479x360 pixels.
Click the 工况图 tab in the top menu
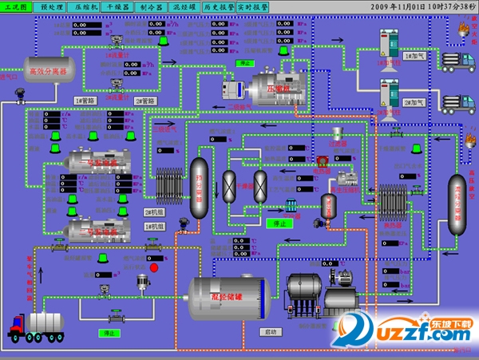tap(16, 6)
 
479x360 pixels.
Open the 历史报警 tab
tap(218, 6)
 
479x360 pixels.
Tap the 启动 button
tap(270, 330)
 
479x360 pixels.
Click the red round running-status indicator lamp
tap(154, 267)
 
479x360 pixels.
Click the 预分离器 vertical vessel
tap(199, 187)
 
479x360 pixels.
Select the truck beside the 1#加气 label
tap(455, 60)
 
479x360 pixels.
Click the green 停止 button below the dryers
tap(280, 224)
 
